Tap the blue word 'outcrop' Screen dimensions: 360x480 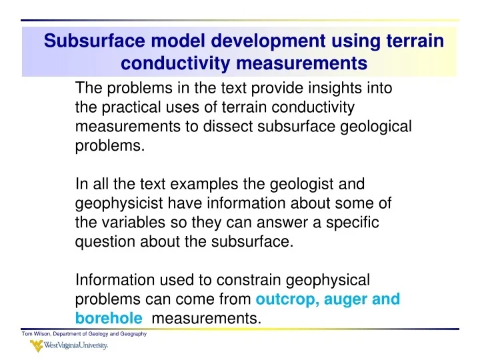[286, 299]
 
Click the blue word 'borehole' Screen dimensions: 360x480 [103, 319]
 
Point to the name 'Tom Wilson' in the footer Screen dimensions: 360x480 [37, 333]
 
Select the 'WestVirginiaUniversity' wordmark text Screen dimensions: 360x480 [77, 347]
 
